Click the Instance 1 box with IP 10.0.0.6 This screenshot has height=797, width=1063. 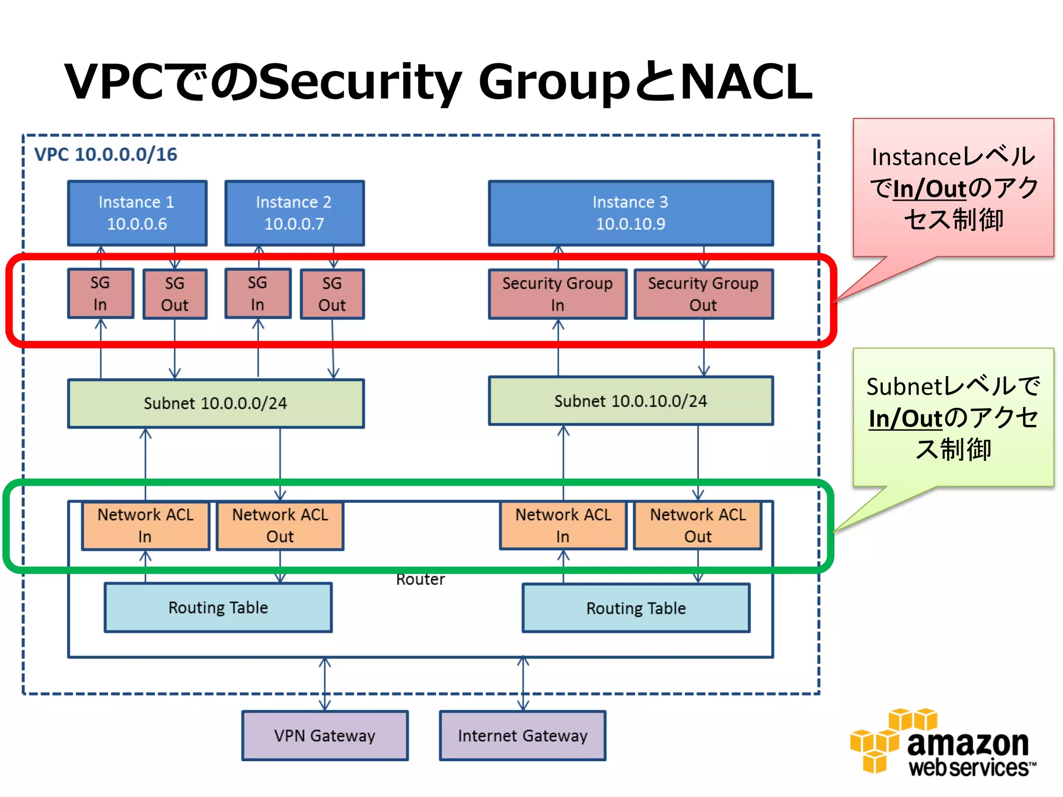tap(137, 213)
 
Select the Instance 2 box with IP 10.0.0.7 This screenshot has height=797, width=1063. tap(294, 213)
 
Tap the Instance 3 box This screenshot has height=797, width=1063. tap(630, 213)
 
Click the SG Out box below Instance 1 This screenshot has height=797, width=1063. tap(175, 294)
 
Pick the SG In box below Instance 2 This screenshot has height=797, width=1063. tap(257, 293)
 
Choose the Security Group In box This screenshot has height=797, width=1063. tap(557, 294)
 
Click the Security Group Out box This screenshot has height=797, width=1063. tap(703, 294)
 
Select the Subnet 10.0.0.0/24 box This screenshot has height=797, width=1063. tap(215, 403)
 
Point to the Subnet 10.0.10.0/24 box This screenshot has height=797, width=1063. tap(630, 401)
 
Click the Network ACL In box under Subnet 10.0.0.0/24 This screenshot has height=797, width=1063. tap(145, 525)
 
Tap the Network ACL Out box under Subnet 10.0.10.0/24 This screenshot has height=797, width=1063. tap(698, 525)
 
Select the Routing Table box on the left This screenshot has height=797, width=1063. tap(218, 607)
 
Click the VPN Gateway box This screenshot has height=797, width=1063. tap(325, 735)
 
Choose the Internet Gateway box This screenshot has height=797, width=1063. tap(522, 735)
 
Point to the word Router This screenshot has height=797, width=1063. tap(420, 579)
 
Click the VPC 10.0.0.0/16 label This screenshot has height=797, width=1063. tap(106, 154)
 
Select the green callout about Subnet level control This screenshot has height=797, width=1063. tap(953, 417)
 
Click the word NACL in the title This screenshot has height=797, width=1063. tap(745, 82)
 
